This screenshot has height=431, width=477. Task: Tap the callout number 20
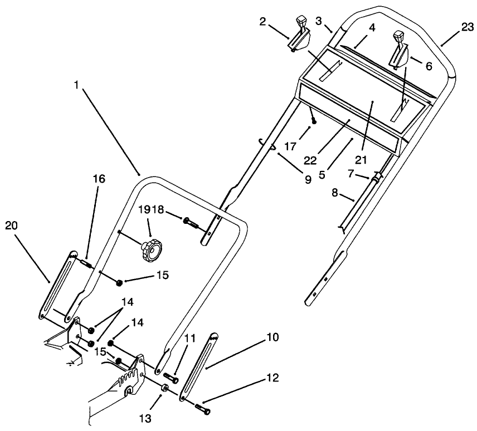point(12,225)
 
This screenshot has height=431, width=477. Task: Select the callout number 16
point(99,179)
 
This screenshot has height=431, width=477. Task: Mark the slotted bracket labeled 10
point(198,366)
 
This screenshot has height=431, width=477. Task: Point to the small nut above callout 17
point(314,121)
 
